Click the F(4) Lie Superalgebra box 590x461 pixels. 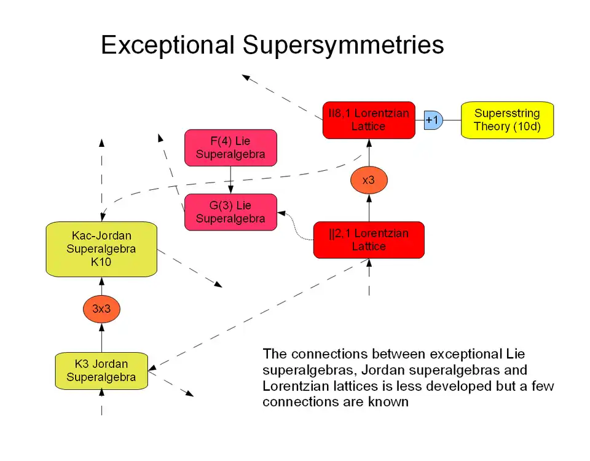(x=230, y=148)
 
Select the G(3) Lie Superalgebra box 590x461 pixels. (x=230, y=212)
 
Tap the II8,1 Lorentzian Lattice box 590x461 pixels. (x=369, y=120)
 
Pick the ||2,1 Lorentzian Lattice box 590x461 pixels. (x=369, y=240)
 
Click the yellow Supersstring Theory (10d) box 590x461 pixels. (x=507, y=120)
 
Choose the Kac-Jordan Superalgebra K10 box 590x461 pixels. (x=101, y=249)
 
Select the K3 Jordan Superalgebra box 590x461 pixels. (x=101, y=371)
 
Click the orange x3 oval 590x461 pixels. (x=369, y=181)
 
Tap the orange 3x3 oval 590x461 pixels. (x=101, y=309)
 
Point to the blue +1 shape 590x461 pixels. (x=433, y=120)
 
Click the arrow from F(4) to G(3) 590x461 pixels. (x=230, y=180)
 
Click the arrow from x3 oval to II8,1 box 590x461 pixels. (x=369, y=152)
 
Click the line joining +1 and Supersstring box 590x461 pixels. (x=452, y=120)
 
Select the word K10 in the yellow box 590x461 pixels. (x=101, y=262)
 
